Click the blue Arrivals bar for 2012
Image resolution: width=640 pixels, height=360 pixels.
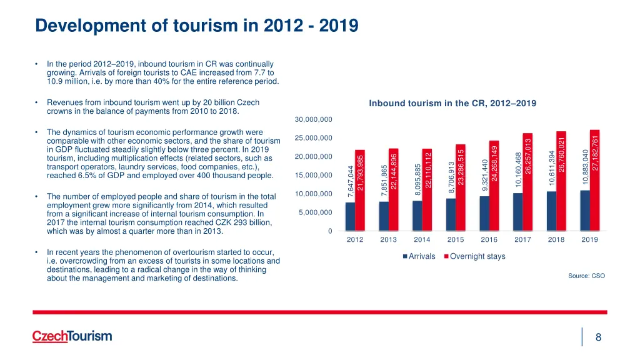tap(350, 217)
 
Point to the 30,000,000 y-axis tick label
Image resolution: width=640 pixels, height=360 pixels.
tap(312, 119)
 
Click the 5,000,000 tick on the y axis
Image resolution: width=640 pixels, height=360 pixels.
tap(314, 213)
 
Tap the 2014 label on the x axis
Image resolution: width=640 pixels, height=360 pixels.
tap(421, 239)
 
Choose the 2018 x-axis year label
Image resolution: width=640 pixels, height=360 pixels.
tap(556, 239)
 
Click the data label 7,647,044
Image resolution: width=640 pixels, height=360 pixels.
tap(351, 180)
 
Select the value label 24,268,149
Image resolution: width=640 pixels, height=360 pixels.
tap(494, 162)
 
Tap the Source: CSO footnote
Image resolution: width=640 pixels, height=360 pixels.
tap(586, 276)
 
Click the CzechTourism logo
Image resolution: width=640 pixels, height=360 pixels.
tap(72, 336)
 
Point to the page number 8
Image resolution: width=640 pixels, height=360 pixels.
tap(598, 337)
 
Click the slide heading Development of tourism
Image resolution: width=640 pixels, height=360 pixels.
tap(196, 26)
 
